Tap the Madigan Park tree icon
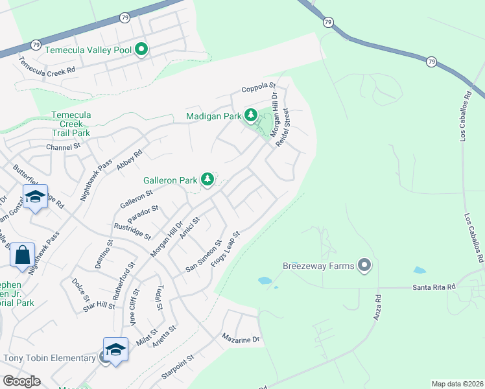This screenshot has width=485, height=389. tap(251, 115)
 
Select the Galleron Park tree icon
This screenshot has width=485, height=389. tap(207, 180)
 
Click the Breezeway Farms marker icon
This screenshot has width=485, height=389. tap(365, 265)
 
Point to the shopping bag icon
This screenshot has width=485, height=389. tap(22, 255)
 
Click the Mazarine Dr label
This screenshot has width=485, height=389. tap(240, 338)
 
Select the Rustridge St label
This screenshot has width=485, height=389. tap(132, 231)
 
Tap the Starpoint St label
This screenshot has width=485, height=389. tap(178, 366)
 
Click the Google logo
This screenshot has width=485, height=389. tap(21, 381)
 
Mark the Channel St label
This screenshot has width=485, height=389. tap(62, 147)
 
